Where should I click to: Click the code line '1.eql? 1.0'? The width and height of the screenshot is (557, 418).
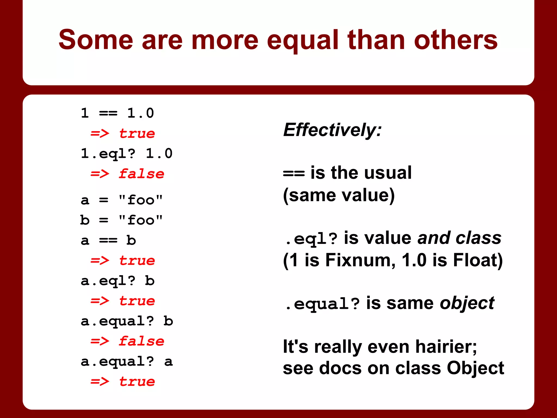pyautogui.click(x=127, y=153)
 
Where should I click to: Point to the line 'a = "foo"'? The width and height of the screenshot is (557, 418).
pyautogui.click(x=122, y=200)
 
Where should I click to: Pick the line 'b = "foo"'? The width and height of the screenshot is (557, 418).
pyautogui.click(x=122, y=220)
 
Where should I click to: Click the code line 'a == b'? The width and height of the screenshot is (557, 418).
pyautogui.click(x=108, y=240)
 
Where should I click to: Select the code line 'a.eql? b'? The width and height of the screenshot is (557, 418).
pyautogui.click(x=117, y=281)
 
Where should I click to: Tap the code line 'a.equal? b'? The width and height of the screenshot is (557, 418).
pyautogui.click(x=127, y=321)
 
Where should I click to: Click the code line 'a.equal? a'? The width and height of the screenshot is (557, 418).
pyautogui.click(x=127, y=361)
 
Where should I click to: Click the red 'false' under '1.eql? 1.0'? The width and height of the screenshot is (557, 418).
pyautogui.click(x=141, y=174)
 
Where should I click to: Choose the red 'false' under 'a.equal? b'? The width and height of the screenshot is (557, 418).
pyautogui.click(x=141, y=341)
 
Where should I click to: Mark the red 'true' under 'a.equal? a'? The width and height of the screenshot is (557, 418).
pyautogui.click(x=137, y=382)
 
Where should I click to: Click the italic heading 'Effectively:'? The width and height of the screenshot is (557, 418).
pyautogui.click(x=332, y=130)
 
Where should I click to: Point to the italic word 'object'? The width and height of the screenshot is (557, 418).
pyautogui.click(x=467, y=303)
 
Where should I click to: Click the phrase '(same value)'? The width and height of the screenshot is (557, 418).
pyautogui.click(x=339, y=195)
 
